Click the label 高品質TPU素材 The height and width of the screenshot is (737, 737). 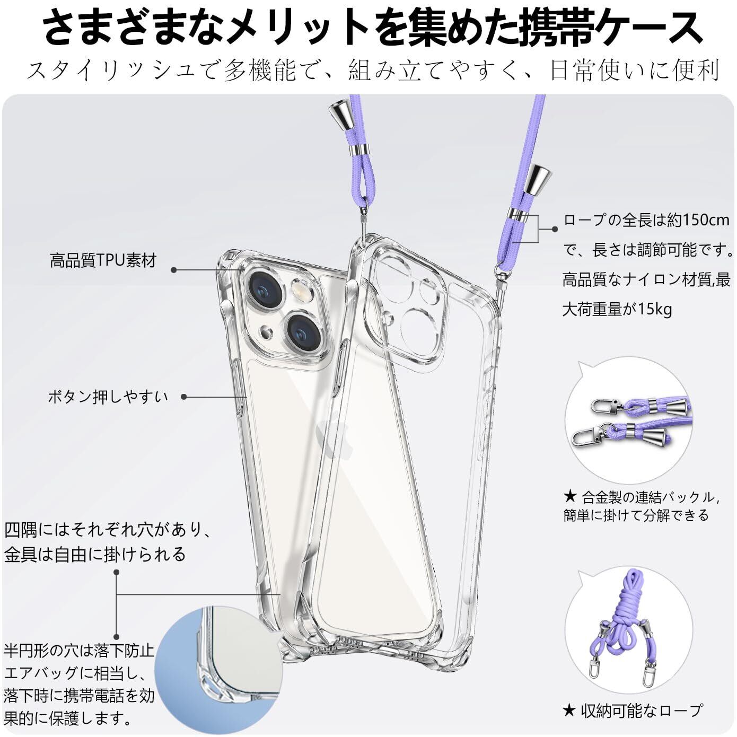click(103, 261)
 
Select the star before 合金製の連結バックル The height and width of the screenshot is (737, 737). click(570, 497)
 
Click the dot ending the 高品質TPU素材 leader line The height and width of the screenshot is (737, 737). click(174, 270)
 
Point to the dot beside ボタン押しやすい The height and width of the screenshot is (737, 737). click(183, 397)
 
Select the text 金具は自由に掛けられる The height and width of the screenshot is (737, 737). click(95, 554)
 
